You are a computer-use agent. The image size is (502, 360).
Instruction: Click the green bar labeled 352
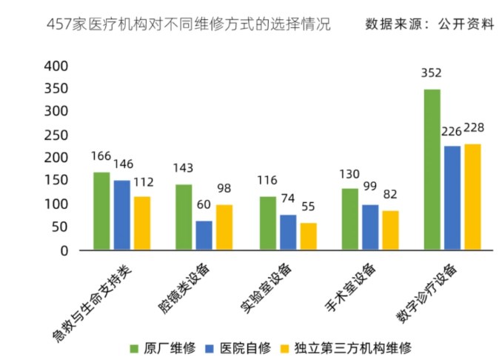(x=432, y=170)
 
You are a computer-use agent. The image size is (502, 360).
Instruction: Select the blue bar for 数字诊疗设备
(x=452, y=198)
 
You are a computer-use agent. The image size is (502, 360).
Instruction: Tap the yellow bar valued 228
(x=472, y=197)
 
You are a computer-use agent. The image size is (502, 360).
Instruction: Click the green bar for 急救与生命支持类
(x=101, y=211)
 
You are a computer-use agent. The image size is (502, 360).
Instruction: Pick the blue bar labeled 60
(x=204, y=236)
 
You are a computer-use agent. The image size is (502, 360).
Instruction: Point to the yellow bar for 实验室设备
(x=308, y=237)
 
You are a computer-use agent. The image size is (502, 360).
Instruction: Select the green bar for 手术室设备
(x=349, y=219)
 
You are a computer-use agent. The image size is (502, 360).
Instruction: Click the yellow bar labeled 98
(x=224, y=227)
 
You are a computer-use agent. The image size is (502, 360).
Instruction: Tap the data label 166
(x=101, y=156)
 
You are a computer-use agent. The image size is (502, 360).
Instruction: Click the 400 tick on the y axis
(x=56, y=66)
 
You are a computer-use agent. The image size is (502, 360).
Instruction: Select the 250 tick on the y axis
(x=56, y=135)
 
